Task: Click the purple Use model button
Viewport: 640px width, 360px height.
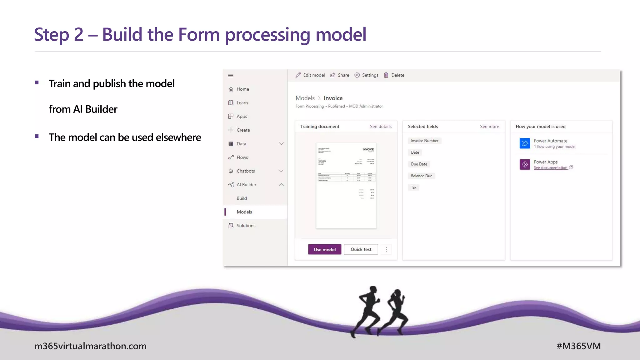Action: pyautogui.click(x=324, y=249)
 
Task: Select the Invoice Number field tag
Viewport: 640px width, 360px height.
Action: pyautogui.click(x=424, y=141)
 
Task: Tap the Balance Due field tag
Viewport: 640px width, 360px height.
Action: pyautogui.click(x=421, y=176)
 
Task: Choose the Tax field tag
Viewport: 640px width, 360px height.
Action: pyautogui.click(x=413, y=187)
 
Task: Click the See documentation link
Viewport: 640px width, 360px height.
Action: pyautogui.click(x=551, y=168)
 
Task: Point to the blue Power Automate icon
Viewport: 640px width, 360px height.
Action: pyautogui.click(x=525, y=143)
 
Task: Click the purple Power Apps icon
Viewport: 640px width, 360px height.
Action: pyautogui.click(x=525, y=164)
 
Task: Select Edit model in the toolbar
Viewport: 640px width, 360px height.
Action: pyautogui.click(x=310, y=75)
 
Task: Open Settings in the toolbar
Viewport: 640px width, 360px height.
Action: pyautogui.click(x=367, y=75)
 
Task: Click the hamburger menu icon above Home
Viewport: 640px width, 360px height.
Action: pyautogui.click(x=231, y=76)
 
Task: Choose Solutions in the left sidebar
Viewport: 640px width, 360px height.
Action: pyautogui.click(x=246, y=226)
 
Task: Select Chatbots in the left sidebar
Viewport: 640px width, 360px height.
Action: pyautogui.click(x=246, y=171)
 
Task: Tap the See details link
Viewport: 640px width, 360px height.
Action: pyautogui.click(x=380, y=127)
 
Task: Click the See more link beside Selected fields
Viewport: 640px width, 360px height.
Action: pyautogui.click(x=489, y=127)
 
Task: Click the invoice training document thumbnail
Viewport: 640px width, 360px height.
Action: pyautogui.click(x=346, y=186)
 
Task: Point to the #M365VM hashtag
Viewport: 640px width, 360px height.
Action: pyautogui.click(x=578, y=346)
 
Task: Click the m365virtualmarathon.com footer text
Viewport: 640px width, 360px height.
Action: pyautogui.click(x=90, y=346)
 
